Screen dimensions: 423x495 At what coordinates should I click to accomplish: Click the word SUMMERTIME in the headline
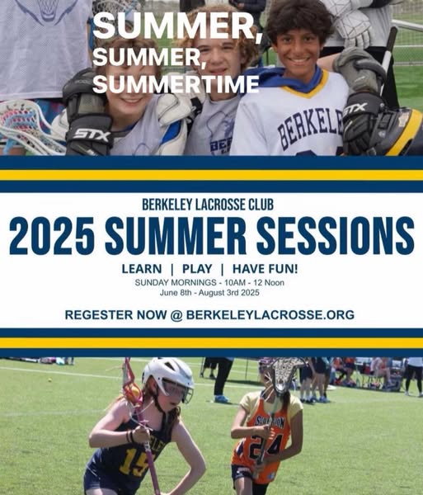click(176, 84)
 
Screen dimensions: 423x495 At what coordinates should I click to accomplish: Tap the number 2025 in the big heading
click(52, 236)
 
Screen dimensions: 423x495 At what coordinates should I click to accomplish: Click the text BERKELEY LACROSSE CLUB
click(208, 205)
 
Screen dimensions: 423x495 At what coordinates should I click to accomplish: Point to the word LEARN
click(142, 269)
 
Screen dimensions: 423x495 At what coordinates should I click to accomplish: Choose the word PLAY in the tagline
click(197, 269)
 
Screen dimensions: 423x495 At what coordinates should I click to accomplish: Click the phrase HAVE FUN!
click(266, 269)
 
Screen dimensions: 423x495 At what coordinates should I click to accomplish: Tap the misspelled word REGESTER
click(99, 315)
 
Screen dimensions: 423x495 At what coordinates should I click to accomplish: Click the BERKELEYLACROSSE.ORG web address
click(270, 315)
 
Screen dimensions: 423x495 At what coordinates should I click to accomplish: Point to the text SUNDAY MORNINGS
click(176, 282)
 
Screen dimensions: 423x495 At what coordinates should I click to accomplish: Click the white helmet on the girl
click(168, 378)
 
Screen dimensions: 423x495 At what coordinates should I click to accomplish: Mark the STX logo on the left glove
click(92, 135)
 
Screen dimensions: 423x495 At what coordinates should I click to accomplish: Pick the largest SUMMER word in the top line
click(177, 27)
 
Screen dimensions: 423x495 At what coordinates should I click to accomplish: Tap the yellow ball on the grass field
click(49, 379)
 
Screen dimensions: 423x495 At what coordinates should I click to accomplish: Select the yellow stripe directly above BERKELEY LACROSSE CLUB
click(211, 175)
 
